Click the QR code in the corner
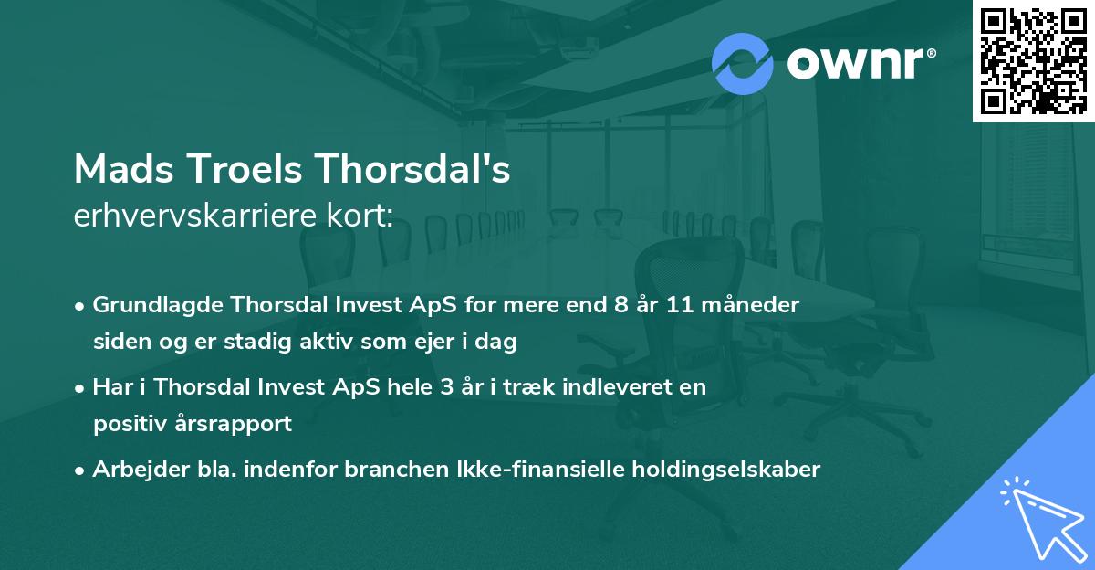1033,61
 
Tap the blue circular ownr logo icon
742,63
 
